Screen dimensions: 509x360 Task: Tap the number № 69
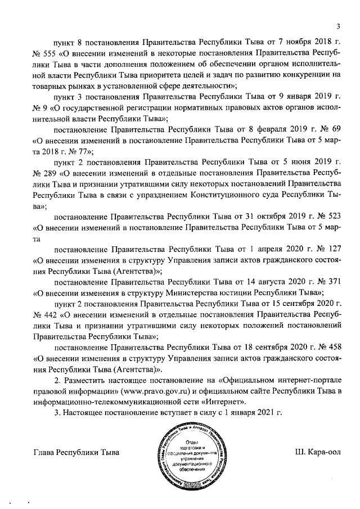(331, 129)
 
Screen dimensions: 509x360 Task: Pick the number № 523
(330, 216)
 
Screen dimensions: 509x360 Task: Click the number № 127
(330, 249)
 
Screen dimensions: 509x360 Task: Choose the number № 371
(330, 281)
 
